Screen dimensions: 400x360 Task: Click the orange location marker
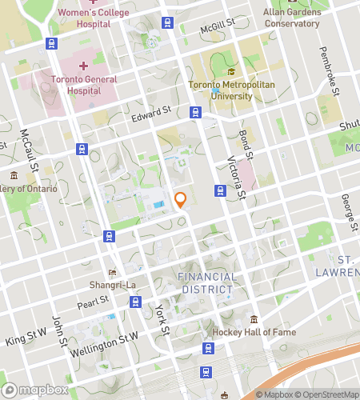181,200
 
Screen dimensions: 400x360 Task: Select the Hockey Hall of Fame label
254,332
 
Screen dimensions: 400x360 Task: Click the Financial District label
206,283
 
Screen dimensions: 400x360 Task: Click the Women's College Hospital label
82,17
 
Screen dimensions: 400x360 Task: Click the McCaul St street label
30,144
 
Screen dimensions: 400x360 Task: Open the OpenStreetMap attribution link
326,394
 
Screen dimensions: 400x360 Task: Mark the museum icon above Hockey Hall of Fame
254,318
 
